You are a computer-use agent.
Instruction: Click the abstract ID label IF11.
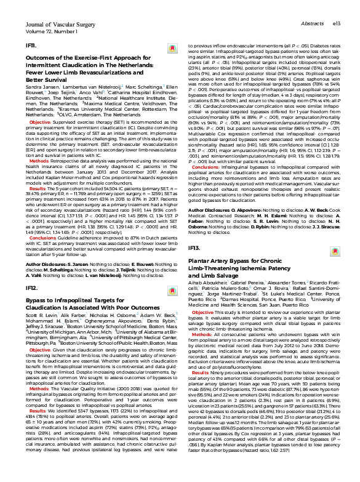31,46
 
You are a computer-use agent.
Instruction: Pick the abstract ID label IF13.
194,247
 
